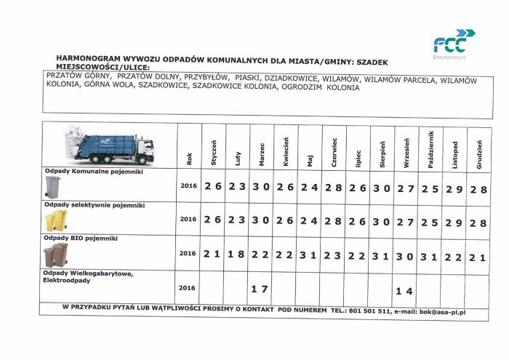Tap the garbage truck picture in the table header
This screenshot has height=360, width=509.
point(109,146)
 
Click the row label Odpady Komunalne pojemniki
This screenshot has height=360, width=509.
point(93,172)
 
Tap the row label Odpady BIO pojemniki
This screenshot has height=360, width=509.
point(81,238)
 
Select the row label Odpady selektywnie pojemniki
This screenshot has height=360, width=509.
point(95,205)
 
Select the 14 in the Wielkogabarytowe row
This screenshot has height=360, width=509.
point(404,291)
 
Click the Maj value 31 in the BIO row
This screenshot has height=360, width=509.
point(309,255)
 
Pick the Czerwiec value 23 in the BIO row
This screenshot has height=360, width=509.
point(333,255)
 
